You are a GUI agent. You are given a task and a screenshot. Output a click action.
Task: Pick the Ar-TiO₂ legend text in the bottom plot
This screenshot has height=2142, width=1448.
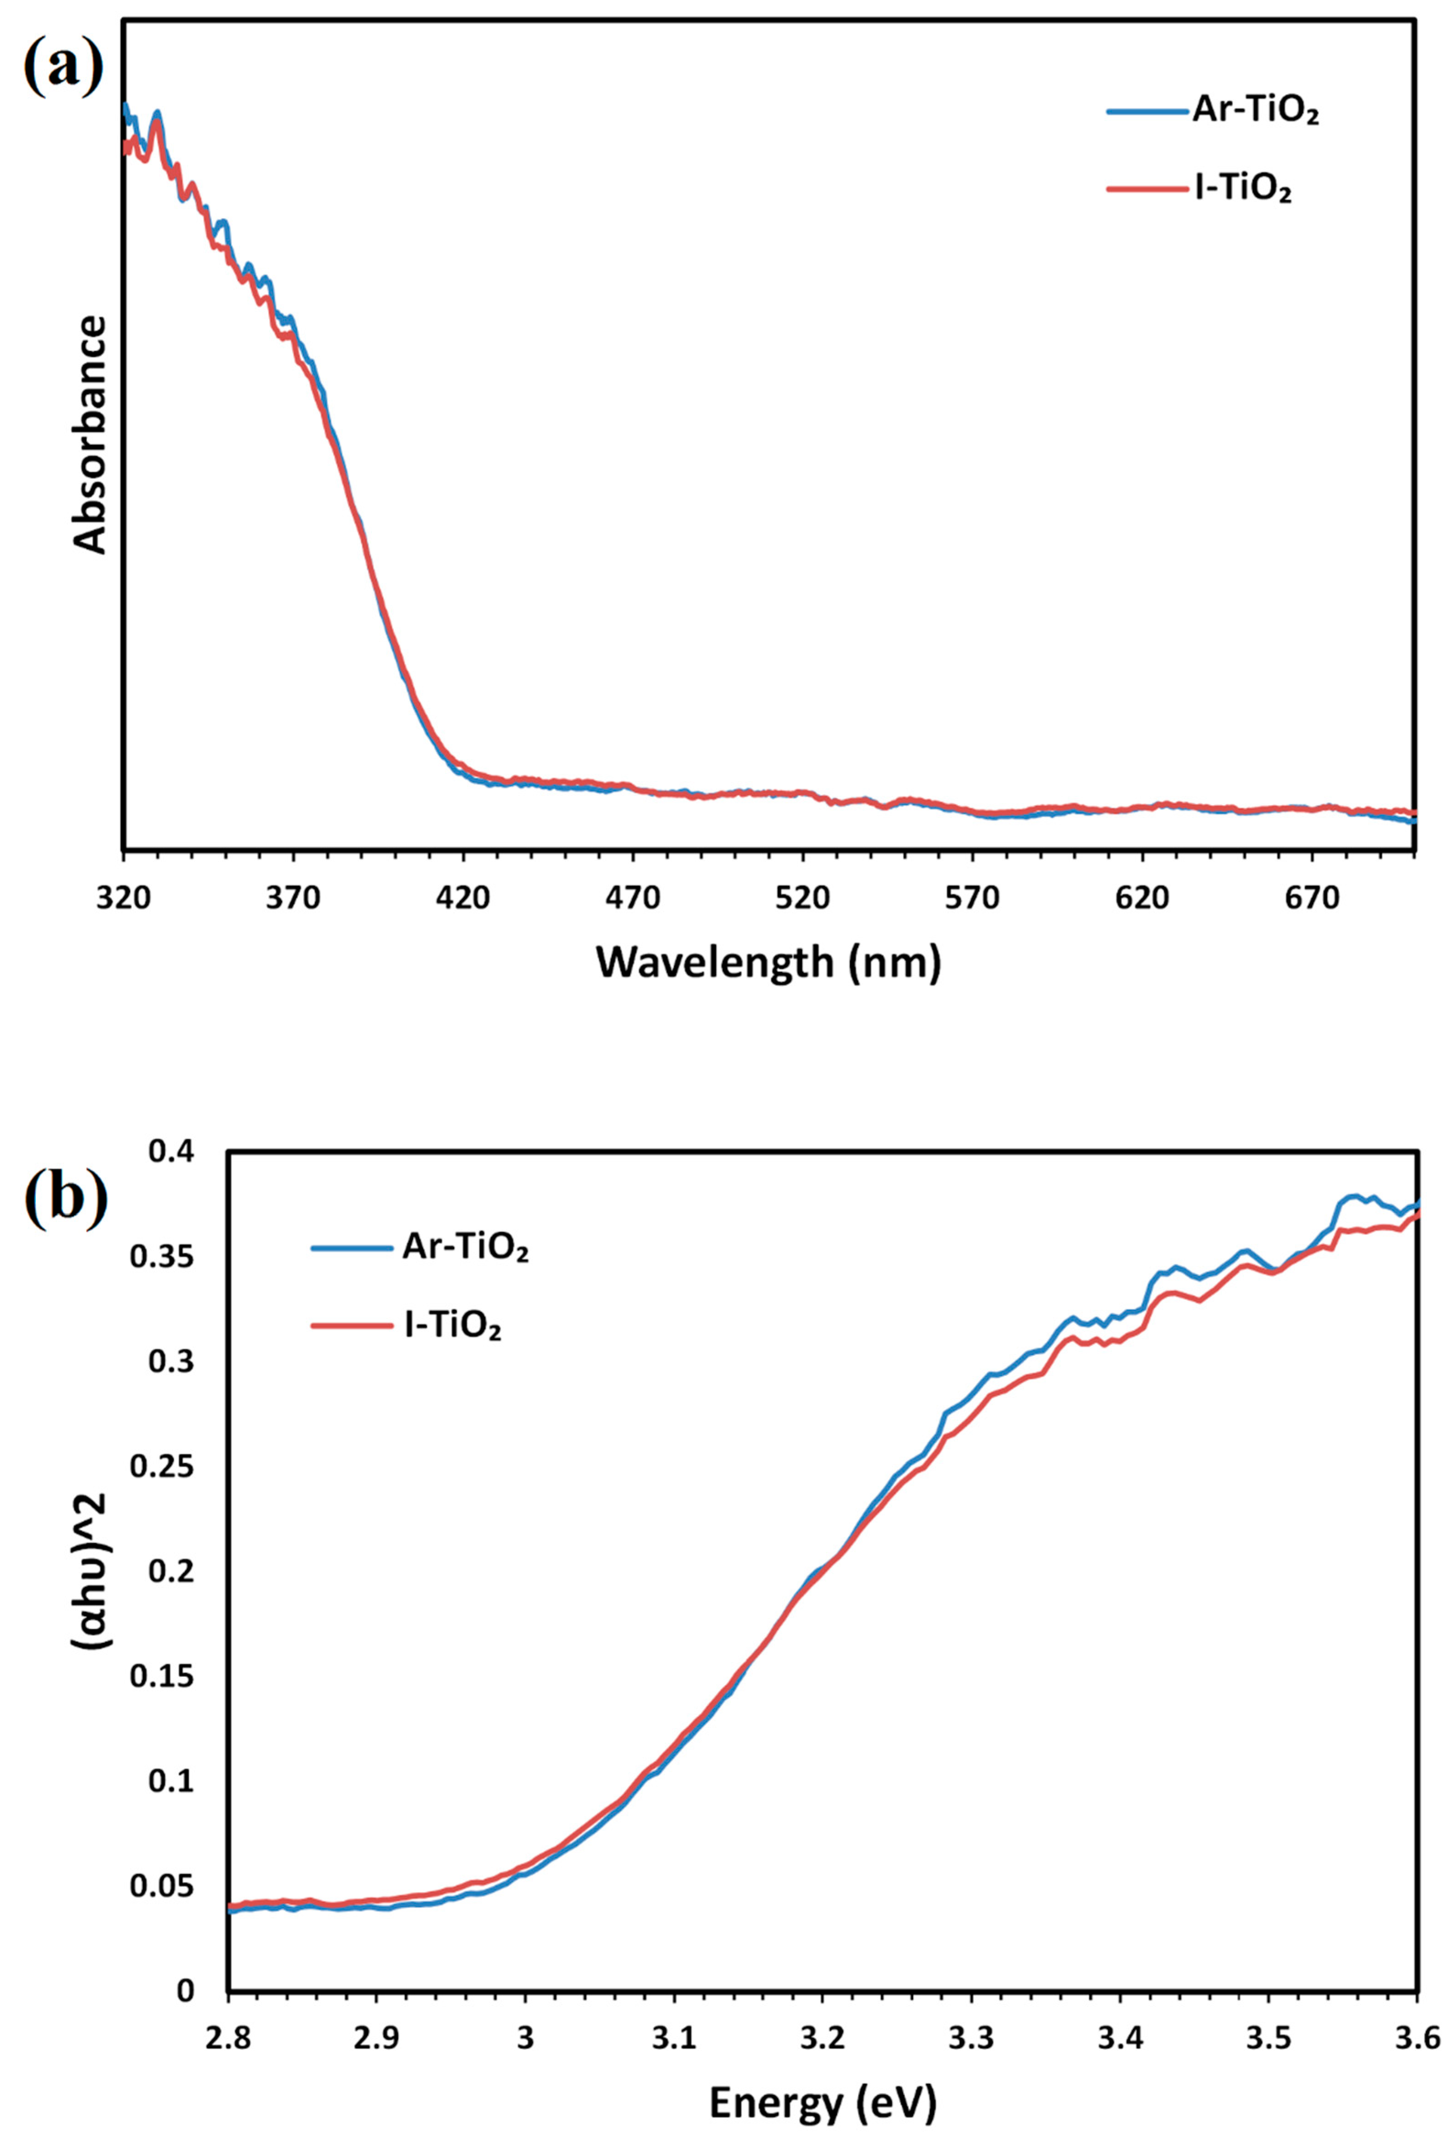[x=466, y=1248]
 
